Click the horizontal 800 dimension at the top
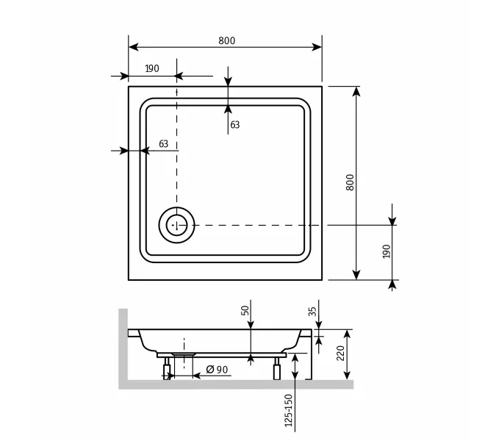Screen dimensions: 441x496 (x=226, y=41)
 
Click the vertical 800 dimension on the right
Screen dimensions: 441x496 (x=350, y=183)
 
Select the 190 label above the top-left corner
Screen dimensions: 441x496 (x=151, y=68)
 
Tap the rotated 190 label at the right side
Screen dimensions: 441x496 (x=387, y=251)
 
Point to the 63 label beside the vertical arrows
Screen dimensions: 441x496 (x=235, y=125)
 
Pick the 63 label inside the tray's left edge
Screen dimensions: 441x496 (x=163, y=144)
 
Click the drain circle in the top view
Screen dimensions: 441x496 (x=176, y=224)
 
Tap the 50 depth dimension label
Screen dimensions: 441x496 (x=245, y=311)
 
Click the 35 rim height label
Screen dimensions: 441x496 (x=312, y=312)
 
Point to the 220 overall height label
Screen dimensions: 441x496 (x=339, y=354)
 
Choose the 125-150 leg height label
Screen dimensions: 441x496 (x=289, y=409)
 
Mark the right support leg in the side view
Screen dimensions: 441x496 (x=277, y=369)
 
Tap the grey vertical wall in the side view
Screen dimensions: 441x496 (x=123, y=345)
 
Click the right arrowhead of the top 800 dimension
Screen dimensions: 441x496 (x=317, y=47)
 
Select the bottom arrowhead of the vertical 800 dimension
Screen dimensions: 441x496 (x=356, y=274)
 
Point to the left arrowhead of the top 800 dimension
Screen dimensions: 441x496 (x=134, y=47)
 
